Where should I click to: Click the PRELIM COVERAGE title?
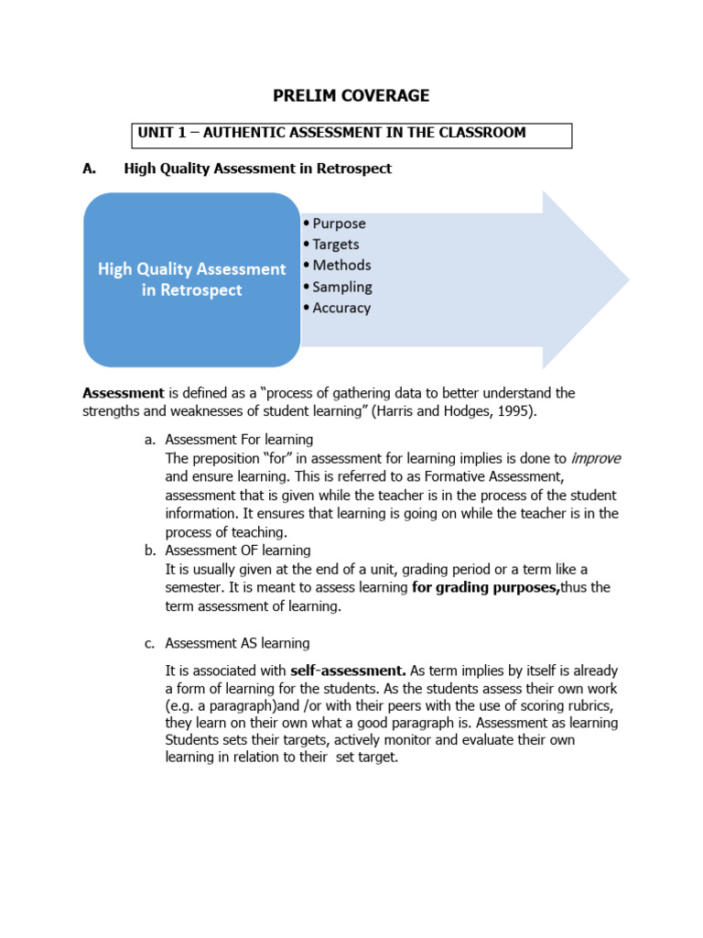(x=351, y=95)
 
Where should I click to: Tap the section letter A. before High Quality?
(x=90, y=169)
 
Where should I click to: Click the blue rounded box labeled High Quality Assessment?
(x=192, y=279)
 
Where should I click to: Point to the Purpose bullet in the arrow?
(x=338, y=224)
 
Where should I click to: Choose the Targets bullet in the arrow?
(x=335, y=245)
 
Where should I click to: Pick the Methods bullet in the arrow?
(x=341, y=266)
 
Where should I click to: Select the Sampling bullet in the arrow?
(x=341, y=287)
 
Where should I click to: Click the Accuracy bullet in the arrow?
(x=341, y=308)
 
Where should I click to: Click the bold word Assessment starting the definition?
(x=124, y=393)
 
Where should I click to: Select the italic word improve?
(x=596, y=458)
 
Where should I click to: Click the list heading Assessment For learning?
(x=239, y=440)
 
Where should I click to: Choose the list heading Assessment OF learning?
(x=238, y=551)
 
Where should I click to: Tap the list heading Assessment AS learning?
(x=237, y=643)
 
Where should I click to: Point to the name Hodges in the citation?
(x=468, y=411)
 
